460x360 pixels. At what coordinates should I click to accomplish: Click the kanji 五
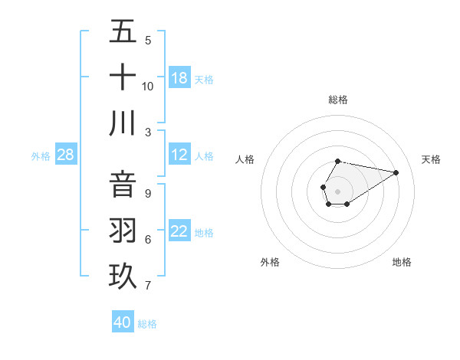click(123, 33)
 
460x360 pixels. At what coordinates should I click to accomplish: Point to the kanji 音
click(123, 185)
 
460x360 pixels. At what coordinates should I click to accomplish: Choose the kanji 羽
click(123, 231)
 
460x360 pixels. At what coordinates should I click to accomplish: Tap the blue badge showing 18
click(179, 78)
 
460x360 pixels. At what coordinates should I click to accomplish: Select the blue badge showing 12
click(179, 155)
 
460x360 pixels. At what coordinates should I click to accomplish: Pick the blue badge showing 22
click(179, 231)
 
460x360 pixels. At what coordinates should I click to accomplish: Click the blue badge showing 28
click(66, 155)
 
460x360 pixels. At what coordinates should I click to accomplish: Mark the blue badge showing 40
click(123, 322)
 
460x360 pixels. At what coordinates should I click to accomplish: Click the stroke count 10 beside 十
click(148, 86)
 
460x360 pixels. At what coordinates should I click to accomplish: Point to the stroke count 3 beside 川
click(148, 132)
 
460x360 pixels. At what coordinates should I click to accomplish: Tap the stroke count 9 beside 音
click(148, 194)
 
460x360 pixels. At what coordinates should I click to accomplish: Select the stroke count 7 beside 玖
click(148, 286)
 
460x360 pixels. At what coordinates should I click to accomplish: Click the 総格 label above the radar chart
click(338, 100)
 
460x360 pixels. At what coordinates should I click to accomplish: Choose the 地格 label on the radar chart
click(402, 262)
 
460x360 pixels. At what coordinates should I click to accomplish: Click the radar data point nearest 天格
click(396, 172)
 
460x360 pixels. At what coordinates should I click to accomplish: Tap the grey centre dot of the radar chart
click(337, 190)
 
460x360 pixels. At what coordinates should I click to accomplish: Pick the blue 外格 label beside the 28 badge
click(41, 156)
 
